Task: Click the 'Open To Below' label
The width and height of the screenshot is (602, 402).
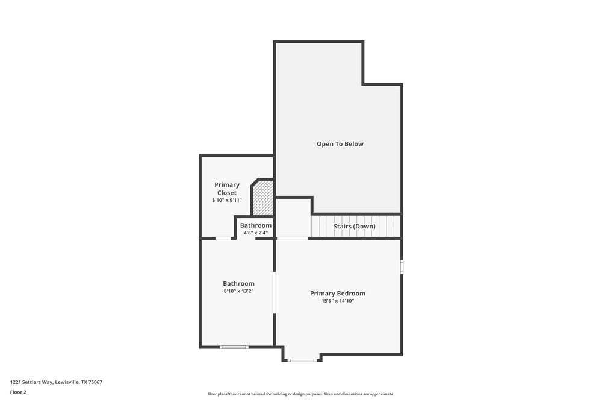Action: pos(340,144)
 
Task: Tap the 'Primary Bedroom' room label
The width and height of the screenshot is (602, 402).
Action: pos(338,294)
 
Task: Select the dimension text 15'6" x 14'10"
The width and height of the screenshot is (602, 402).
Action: pos(338,301)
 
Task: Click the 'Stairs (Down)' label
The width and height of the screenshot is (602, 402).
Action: pos(355,227)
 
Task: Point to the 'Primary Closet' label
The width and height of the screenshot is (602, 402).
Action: pos(227,189)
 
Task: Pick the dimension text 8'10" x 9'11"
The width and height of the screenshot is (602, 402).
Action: pos(227,200)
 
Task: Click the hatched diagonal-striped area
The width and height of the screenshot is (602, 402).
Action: pos(263,199)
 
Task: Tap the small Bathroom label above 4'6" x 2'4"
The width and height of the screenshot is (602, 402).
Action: pos(256,225)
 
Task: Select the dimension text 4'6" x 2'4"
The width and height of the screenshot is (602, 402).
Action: pos(256,233)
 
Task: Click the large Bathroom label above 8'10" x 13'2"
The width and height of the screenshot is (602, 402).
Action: pos(238,283)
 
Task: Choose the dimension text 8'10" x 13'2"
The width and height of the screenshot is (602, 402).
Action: pos(238,291)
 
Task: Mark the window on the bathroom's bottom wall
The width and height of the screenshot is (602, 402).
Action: pos(234,347)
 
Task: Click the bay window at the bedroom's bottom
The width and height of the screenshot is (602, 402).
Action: pos(302,360)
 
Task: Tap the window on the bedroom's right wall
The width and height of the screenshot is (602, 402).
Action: pos(402,267)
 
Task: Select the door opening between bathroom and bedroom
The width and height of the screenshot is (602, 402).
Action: pos(275,294)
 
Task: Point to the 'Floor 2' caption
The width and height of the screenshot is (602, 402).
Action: pos(18,392)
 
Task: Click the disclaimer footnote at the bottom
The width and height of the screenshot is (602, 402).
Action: pos(301,394)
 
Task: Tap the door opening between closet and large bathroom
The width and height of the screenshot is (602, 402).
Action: pos(223,239)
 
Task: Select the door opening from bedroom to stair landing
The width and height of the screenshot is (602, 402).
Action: pos(293,239)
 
